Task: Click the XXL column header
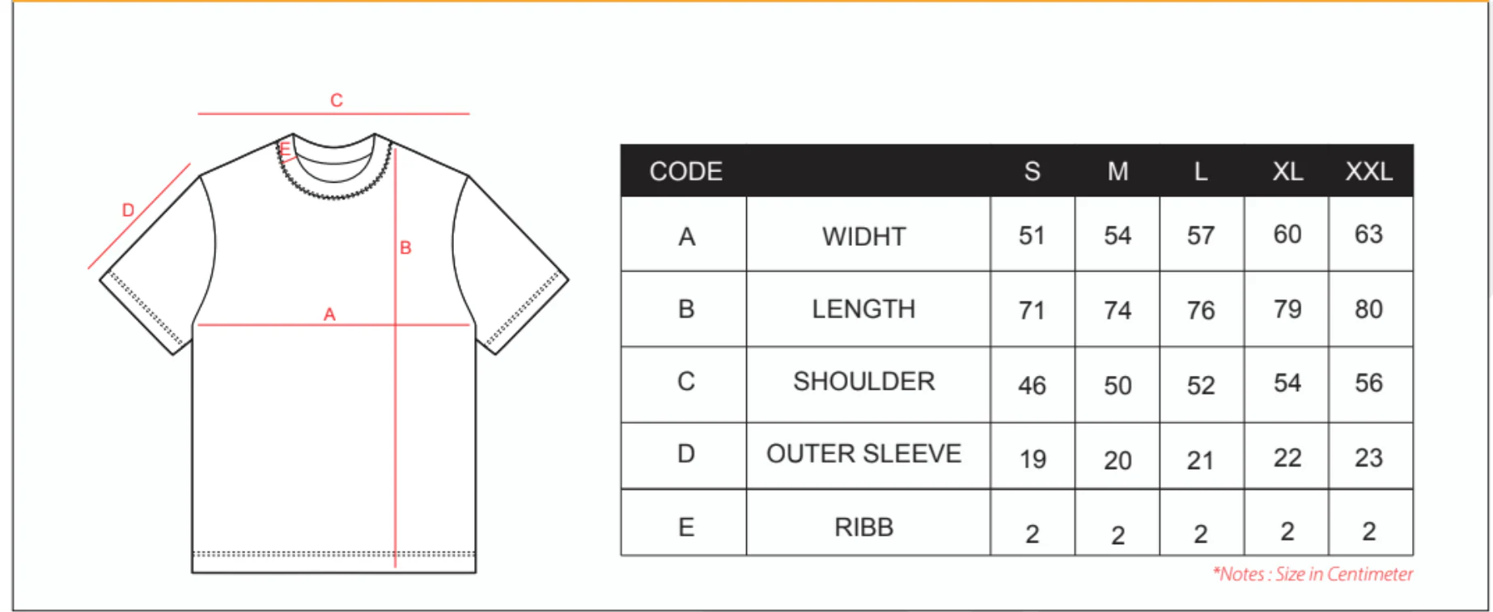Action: coord(1368,171)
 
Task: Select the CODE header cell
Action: coord(685,171)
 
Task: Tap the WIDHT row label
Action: coord(863,236)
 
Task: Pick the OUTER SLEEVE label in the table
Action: coord(863,454)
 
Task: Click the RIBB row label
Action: coord(863,527)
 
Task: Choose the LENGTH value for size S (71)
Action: coord(1032,310)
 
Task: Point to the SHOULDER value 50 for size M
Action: coord(1118,386)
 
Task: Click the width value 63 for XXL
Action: coord(1368,234)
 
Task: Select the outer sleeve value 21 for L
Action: coord(1200,461)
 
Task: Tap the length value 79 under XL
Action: coord(1287,309)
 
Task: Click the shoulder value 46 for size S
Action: coord(1032,386)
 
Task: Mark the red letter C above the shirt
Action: coord(337,100)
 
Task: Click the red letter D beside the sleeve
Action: coord(128,210)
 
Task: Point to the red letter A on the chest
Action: coord(329,314)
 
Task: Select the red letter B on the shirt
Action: coord(405,247)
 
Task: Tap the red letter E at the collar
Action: coord(285,149)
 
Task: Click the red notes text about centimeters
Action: coord(1313,574)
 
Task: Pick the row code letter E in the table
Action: coord(686,527)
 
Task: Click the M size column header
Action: coord(1118,171)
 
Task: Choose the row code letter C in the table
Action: coord(686,381)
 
